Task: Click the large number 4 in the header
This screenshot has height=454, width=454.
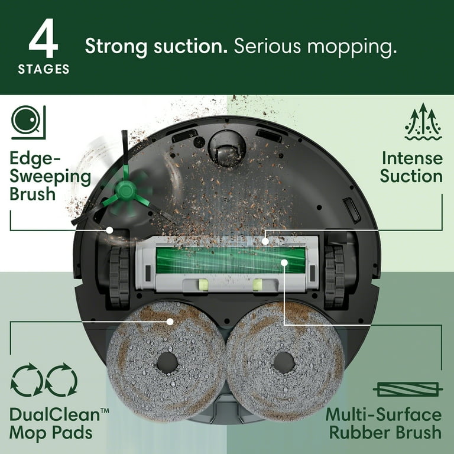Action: pos(43,41)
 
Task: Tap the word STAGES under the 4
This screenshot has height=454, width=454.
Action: pos(43,70)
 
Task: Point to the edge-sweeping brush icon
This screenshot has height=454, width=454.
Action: pos(28,122)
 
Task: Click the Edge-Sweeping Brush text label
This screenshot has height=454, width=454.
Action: pos(50,176)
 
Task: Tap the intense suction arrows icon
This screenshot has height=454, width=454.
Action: pos(423,122)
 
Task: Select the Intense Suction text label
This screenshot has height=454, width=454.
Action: pos(411,167)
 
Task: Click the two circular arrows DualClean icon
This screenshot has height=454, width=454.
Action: pos(44,380)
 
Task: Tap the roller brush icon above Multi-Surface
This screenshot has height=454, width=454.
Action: pos(408,389)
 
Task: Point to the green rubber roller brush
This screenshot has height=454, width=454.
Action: pos(231,260)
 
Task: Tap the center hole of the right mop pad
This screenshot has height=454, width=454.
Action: pos(284,361)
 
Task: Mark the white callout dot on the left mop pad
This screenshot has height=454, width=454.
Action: pos(170,322)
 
